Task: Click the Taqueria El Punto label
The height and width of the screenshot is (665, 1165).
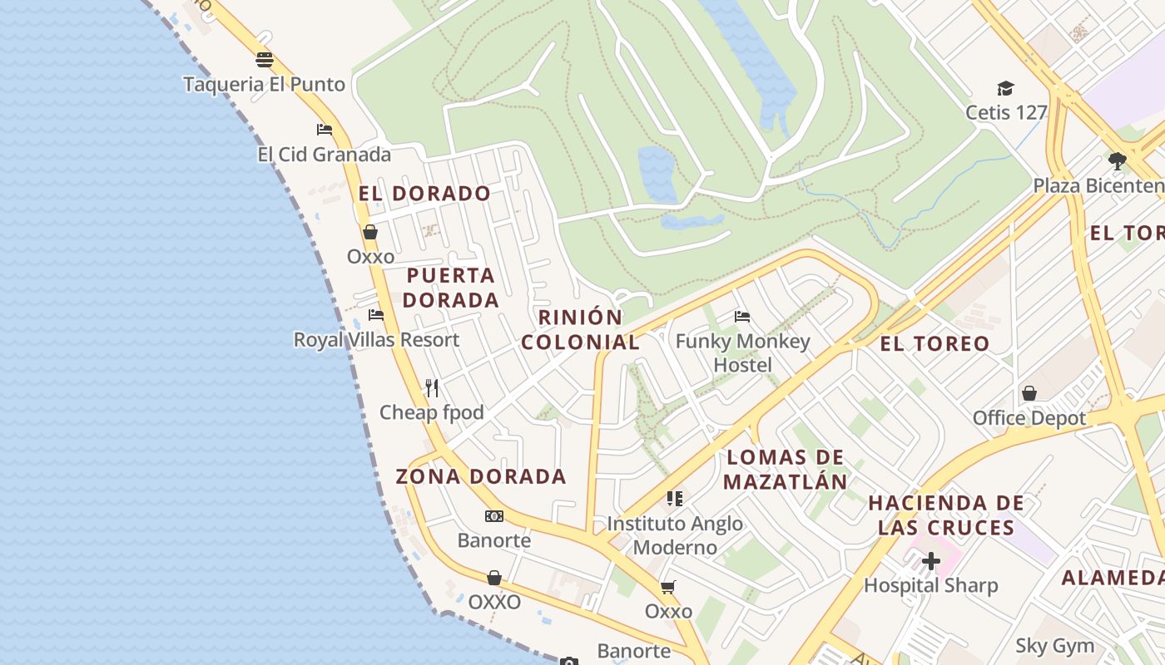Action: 264,84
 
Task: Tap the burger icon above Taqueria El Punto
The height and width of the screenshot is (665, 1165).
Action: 265,60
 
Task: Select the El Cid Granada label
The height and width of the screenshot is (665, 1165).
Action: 324,155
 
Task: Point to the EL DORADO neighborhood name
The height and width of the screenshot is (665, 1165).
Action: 424,194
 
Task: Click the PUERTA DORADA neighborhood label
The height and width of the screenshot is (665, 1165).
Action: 451,288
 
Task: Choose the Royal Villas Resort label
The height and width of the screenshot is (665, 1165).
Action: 376,340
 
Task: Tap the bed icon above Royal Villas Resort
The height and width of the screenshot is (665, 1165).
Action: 376,315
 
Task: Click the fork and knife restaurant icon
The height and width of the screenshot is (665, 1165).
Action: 432,387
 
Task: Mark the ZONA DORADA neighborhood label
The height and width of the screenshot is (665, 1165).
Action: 481,476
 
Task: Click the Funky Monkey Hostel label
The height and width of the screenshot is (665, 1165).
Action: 742,353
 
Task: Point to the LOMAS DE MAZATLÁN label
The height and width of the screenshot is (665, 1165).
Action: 785,469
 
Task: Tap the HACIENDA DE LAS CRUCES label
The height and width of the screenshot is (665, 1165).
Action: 946,515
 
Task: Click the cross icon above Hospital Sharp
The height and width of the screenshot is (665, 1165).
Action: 930,561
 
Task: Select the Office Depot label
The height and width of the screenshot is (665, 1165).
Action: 1029,418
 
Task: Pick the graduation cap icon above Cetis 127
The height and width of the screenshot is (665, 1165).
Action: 1005,88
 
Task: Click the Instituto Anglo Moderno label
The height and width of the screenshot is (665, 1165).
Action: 675,535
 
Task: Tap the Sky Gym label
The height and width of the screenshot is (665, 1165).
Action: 1054,646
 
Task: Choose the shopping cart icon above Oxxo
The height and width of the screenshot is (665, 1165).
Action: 668,588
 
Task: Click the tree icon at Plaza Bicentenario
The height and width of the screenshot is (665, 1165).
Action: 1117,160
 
